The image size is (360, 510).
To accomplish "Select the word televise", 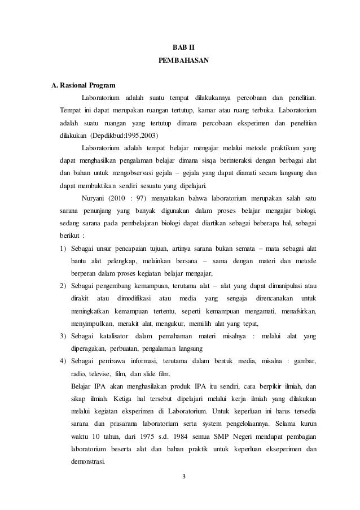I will pos(103,374).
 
